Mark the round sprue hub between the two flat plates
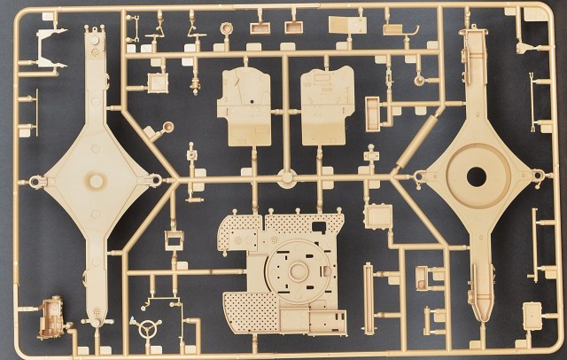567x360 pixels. pyautogui.click(x=285, y=176)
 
